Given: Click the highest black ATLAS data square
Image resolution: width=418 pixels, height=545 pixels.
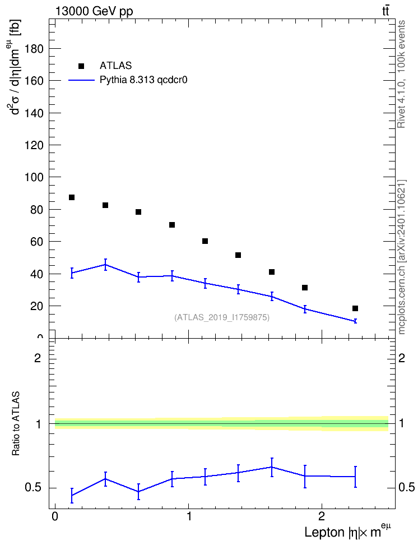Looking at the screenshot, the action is pyautogui.click(x=72, y=197).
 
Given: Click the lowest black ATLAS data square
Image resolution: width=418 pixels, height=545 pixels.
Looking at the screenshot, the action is pyautogui.click(x=355, y=308).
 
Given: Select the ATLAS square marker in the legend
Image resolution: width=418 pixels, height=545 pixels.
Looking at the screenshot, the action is pyautogui.click(x=81, y=66).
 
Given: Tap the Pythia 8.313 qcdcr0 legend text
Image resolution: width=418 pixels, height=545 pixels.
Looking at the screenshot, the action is pyautogui.click(x=143, y=80).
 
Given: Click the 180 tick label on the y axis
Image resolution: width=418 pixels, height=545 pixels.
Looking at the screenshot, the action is pyautogui.click(x=34, y=49).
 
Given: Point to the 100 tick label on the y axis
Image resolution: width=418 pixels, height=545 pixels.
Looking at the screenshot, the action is pyautogui.click(x=34, y=177).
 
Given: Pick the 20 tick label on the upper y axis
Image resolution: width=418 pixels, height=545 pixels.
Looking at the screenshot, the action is pyautogui.click(x=37, y=306).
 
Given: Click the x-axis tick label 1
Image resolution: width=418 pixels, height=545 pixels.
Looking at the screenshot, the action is pyautogui.click(x=189, y=516).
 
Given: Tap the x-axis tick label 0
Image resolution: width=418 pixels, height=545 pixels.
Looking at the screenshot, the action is pyautogui.click(x=55, y=516).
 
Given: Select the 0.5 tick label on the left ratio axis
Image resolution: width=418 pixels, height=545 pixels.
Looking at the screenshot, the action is pyautogui.click(x=34, y=488).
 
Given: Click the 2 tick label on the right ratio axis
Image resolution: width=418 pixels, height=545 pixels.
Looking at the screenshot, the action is pyautogui.click(x=402, y=358).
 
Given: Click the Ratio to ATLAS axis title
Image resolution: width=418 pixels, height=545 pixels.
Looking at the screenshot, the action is pyautogui.click(x=16, y=424).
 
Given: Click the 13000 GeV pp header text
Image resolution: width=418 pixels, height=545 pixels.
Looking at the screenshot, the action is pyautogui.click(x=94, y=11).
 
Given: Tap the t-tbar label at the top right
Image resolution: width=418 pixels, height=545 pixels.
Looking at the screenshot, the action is pyautogui.click(x=386, y=11).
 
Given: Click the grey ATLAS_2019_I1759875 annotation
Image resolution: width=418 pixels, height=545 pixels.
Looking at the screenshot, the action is pyautogui.click(x=222, y=317).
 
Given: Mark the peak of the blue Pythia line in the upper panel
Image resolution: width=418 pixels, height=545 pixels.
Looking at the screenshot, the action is pyautogui.click(x=105, y=265).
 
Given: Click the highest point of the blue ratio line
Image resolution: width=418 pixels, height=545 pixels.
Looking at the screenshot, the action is pyautogui.click(x=272, y=467).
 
